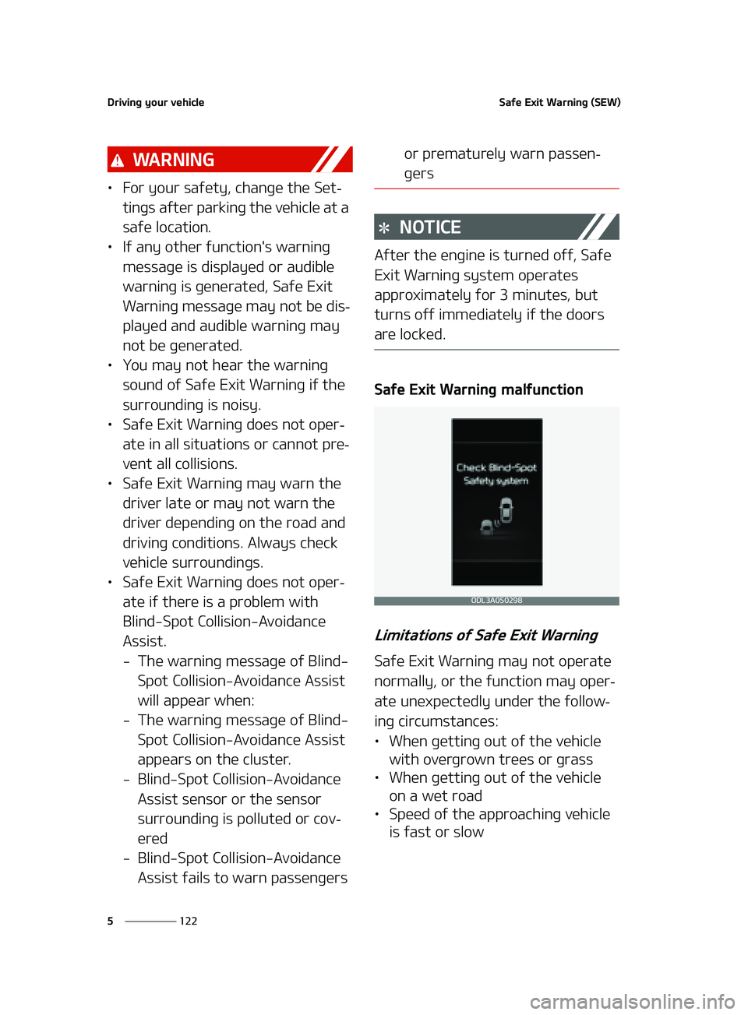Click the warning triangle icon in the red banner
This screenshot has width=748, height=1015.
[118, 160]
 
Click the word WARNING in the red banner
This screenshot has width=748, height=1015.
[173, 160]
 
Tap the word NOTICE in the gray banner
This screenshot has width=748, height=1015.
[430, 227]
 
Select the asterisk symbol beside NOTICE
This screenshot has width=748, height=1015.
[384, 228]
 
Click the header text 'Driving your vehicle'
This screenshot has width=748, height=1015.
[156, 102]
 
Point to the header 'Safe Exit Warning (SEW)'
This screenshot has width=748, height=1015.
[559, 102]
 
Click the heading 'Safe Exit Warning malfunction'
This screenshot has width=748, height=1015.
[478, 389]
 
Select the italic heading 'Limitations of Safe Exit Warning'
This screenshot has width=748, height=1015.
[486, 636]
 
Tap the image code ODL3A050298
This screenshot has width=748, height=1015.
[496, 601]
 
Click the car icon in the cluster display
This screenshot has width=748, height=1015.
[506, 512]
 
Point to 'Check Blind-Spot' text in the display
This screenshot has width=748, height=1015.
[496, 467]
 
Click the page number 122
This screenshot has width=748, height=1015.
[189, 921]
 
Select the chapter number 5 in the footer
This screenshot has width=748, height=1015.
[110, 921]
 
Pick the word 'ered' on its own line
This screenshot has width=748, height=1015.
[153, 839]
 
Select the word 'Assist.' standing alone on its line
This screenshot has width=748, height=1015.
[144, 641]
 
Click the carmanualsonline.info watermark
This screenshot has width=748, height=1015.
[632, 1001]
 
